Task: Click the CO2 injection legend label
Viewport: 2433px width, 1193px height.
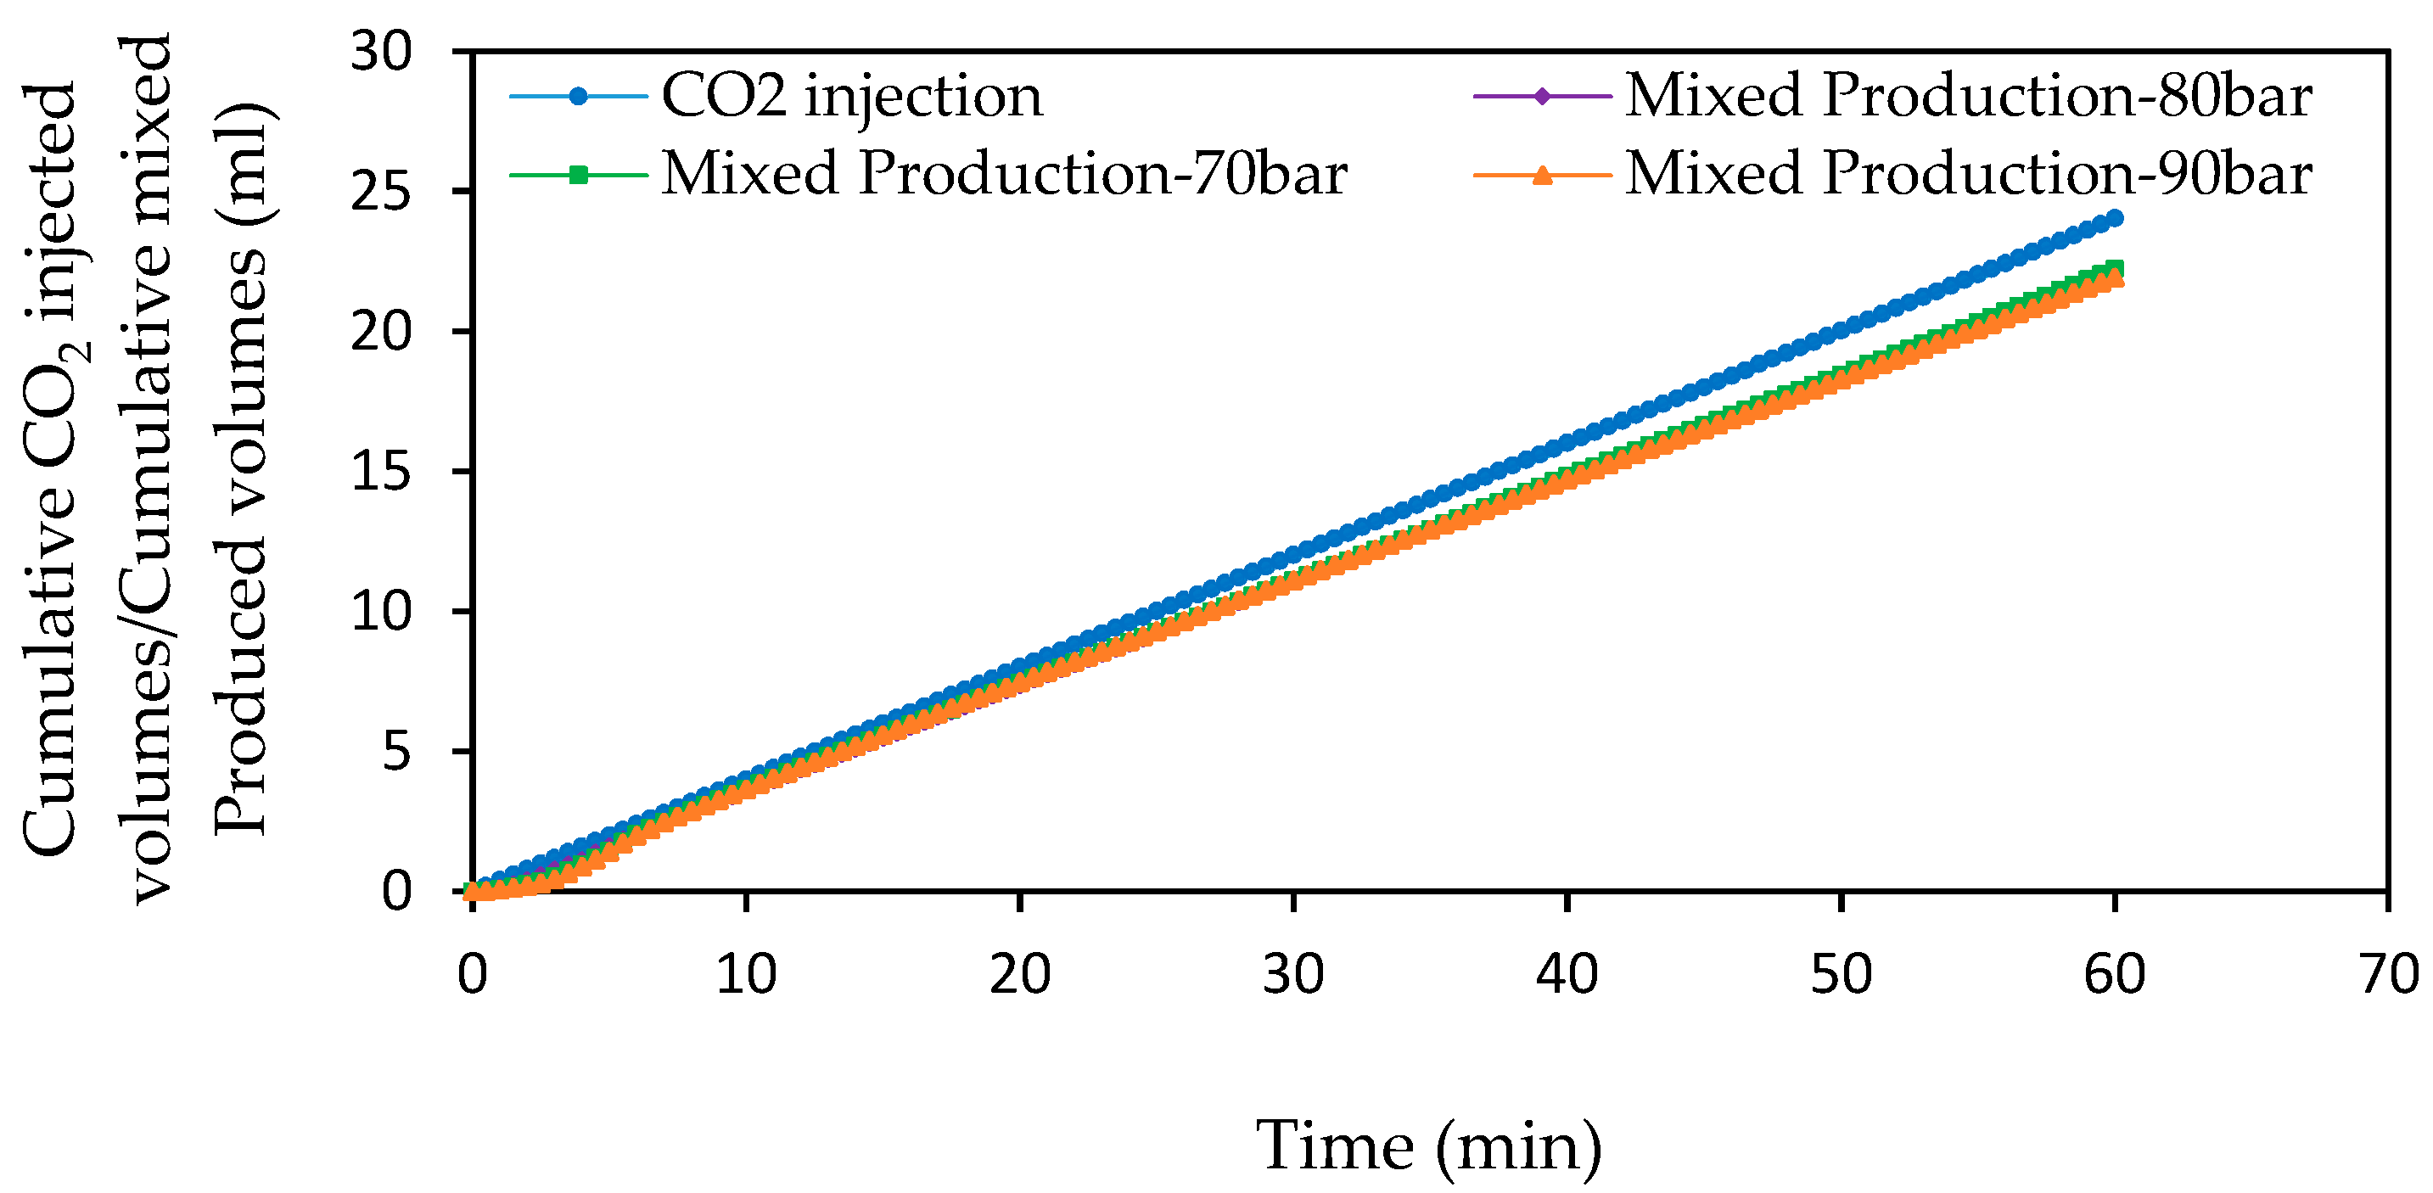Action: [x=852, y=97]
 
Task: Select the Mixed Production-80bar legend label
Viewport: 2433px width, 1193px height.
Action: [x=1968, y=97]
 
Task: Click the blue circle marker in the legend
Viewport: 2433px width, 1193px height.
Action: [x=579, y=97]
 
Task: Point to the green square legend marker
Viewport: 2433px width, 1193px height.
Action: [x=579, y=175]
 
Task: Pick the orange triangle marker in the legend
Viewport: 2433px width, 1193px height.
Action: [x=1542, y=175]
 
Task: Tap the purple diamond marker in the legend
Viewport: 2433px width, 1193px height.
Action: [x=1542, y=97]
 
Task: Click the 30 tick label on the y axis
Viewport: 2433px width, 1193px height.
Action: [x=382, y=51]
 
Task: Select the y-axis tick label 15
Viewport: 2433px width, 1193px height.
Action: [x=382, y=471]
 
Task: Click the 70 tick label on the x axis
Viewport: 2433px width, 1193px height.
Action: [x=2388, y=974]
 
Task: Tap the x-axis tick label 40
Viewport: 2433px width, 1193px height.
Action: [x=1567, y=974]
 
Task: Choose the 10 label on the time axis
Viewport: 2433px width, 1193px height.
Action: [x=746, y=974]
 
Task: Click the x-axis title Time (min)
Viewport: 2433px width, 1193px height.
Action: [x=1428, y=1145]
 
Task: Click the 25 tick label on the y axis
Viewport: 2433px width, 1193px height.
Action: [x=382, y=192]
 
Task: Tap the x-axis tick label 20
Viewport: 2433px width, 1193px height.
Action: [x=1020, y=974]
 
